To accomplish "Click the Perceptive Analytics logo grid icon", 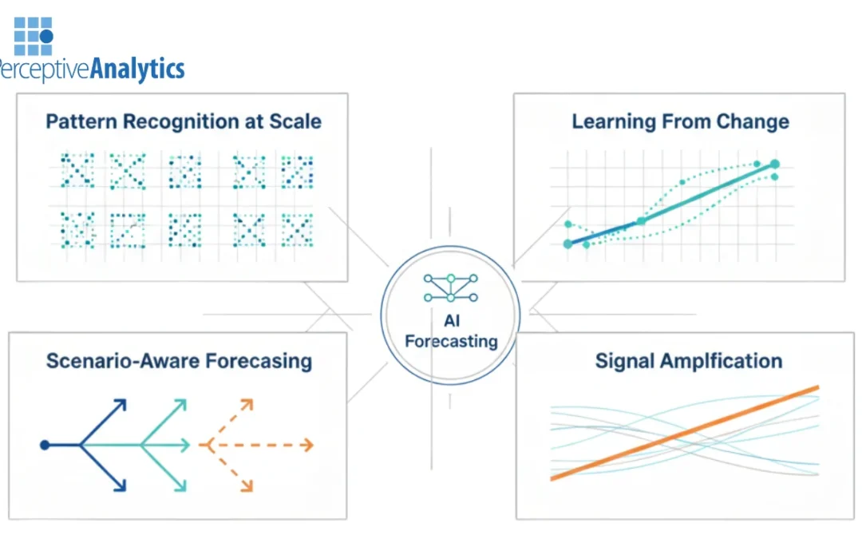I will coord(34,35).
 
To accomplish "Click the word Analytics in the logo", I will coord(137,69).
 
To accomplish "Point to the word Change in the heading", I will coord(753,122).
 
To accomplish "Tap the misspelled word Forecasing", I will coord(259,361).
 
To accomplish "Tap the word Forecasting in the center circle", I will coord(450,342).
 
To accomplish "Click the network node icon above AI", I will coord(450,287).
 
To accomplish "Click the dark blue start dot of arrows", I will coord(45,445).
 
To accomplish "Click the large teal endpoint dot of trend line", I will coord(773,164).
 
